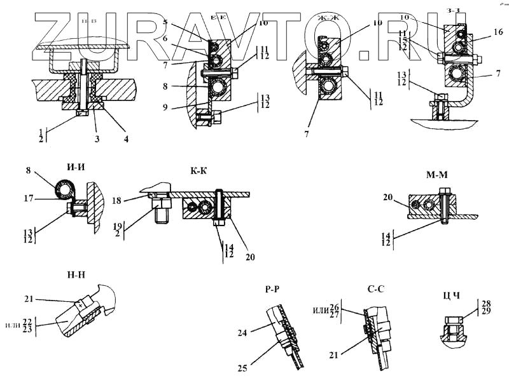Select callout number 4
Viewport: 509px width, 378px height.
[x=125, y=138]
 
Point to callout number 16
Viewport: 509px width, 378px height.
[x=499, y=32]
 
